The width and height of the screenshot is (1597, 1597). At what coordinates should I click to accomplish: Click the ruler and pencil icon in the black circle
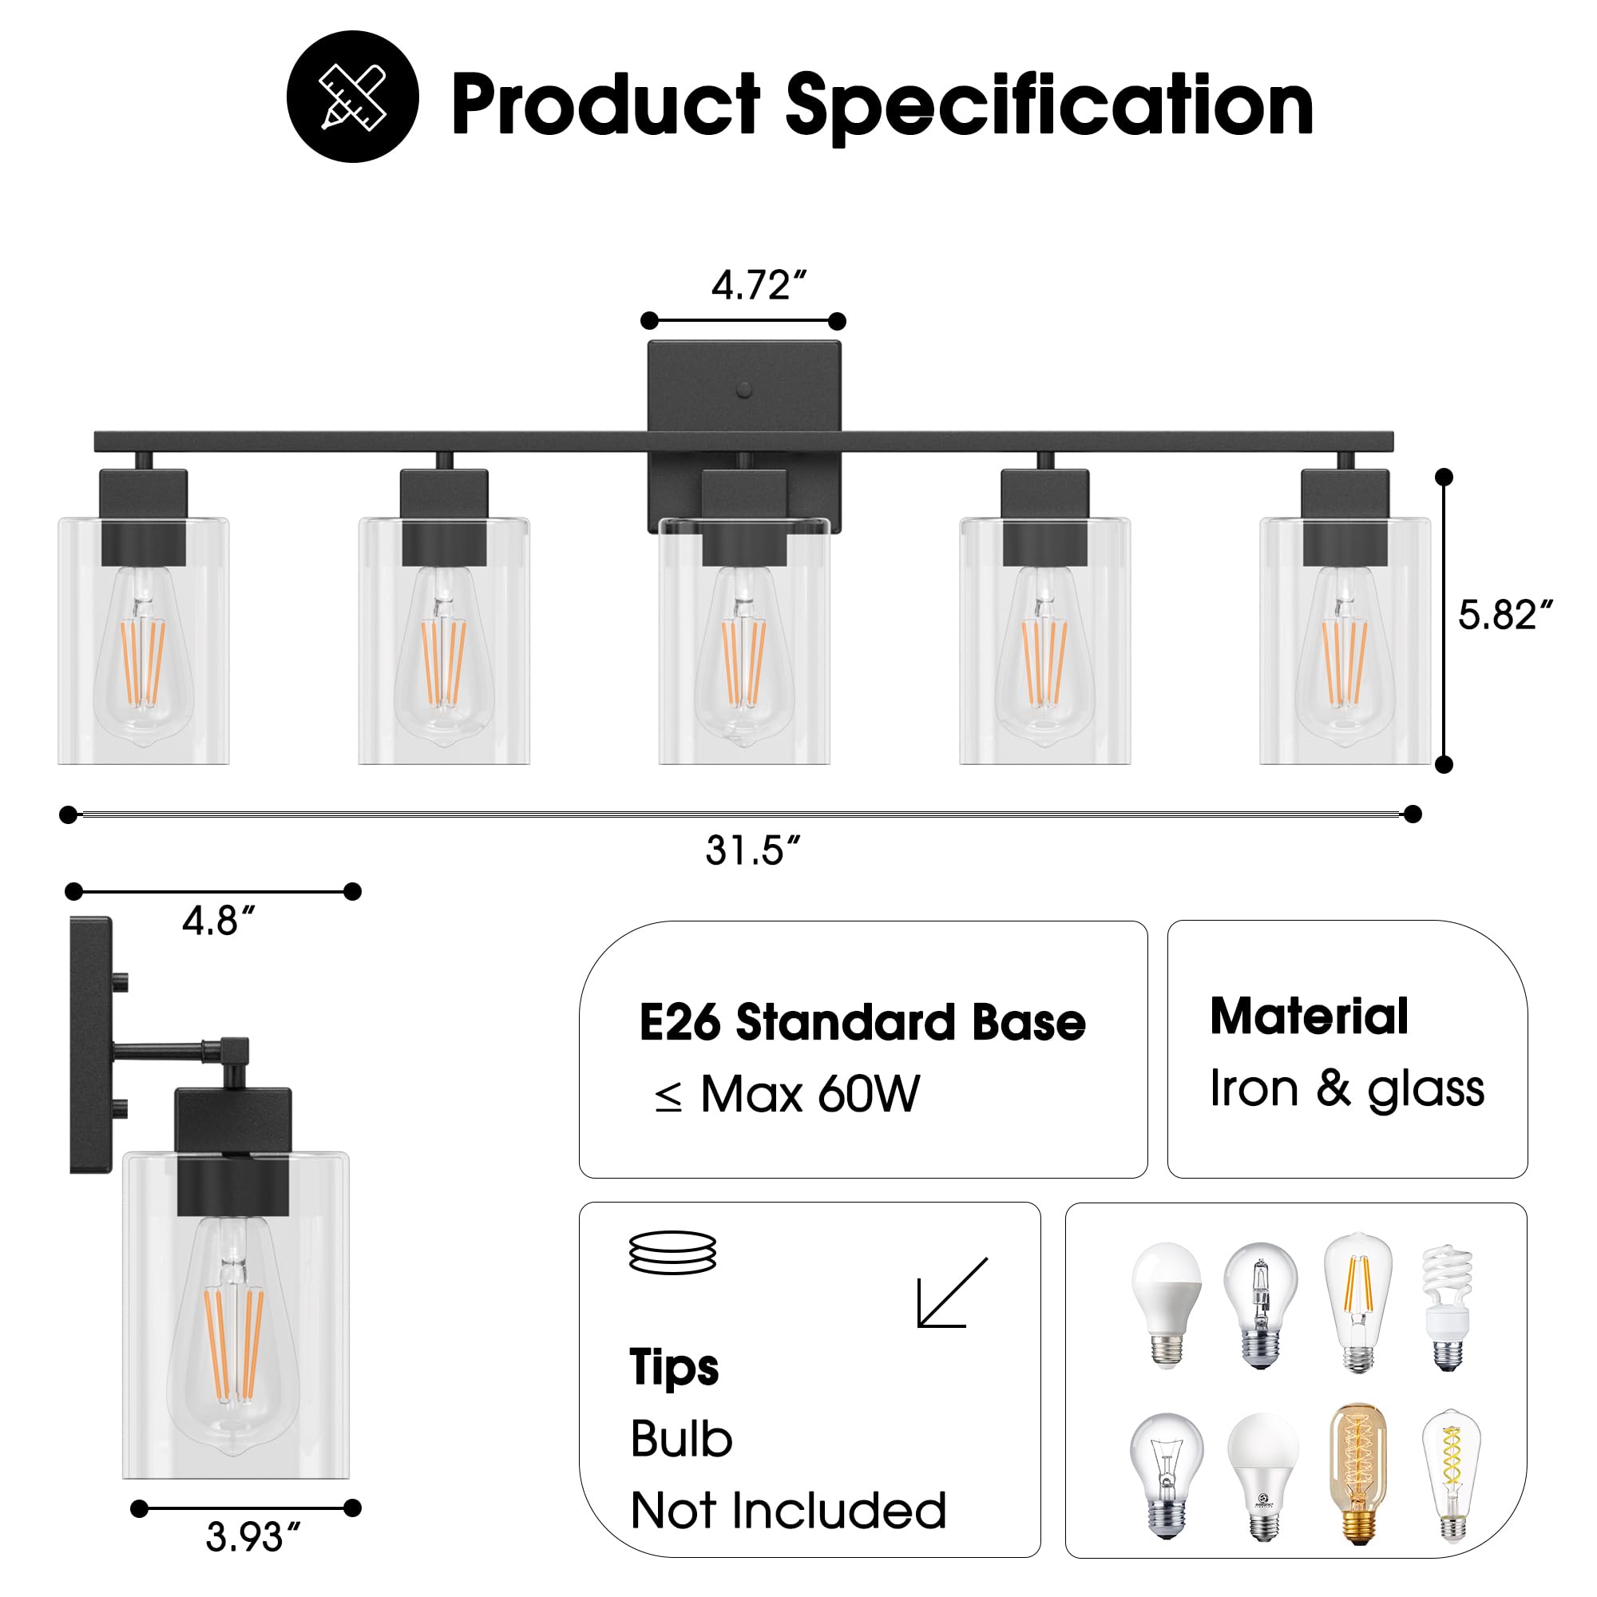[352, 97]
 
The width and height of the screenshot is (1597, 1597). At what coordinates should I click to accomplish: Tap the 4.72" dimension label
[758, 286]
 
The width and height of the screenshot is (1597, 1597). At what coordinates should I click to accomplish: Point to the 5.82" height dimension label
[1504, 615]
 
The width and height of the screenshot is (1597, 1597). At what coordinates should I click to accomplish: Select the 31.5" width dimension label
[752, 850]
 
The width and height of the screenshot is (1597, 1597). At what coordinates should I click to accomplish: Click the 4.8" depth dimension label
[218, 921]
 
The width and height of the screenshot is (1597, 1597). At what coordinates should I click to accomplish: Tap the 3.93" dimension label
[252, 1537]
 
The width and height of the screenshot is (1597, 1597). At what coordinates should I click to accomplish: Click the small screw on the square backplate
[744, 390]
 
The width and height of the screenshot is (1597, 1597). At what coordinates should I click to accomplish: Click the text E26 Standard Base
[862, 1023]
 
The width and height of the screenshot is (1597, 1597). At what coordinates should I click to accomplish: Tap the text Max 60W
[809, 1096]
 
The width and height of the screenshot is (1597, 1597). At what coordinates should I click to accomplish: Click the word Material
[1309, 1016]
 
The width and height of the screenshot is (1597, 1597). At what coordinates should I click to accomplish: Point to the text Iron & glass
[1346, 1088]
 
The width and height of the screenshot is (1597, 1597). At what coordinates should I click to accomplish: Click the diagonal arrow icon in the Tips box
[952, 1294]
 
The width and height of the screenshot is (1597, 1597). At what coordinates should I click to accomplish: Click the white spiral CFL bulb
[1447, 1309]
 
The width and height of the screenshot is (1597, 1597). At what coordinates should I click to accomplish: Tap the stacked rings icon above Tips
[672, 1253]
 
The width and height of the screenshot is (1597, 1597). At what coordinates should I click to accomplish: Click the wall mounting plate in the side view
[91, 1044]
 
